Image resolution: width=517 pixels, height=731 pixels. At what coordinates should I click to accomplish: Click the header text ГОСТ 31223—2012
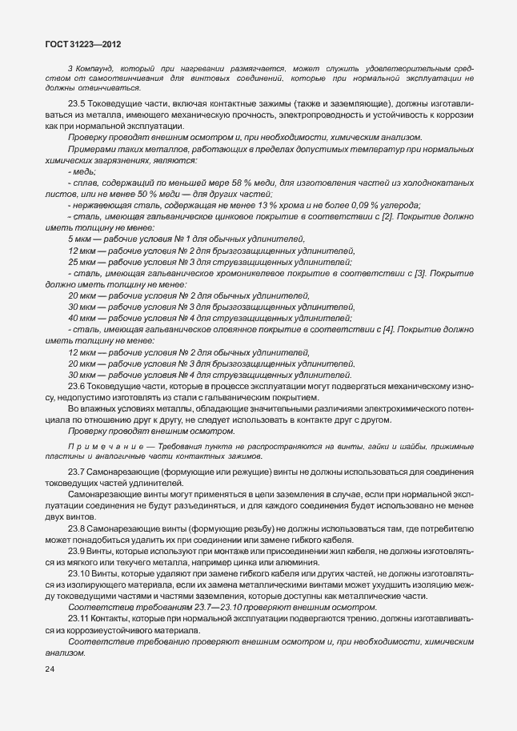click(x=84, y=47)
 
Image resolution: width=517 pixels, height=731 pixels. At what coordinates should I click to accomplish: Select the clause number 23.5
click(x=78, y=105)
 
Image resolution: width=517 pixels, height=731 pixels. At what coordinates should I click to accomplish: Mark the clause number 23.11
click(x=80, y=621)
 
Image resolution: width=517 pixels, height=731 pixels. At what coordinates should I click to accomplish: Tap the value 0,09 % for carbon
click(x=341, y=206)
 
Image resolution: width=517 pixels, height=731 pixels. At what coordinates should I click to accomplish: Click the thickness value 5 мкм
click(x=79, y=239)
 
